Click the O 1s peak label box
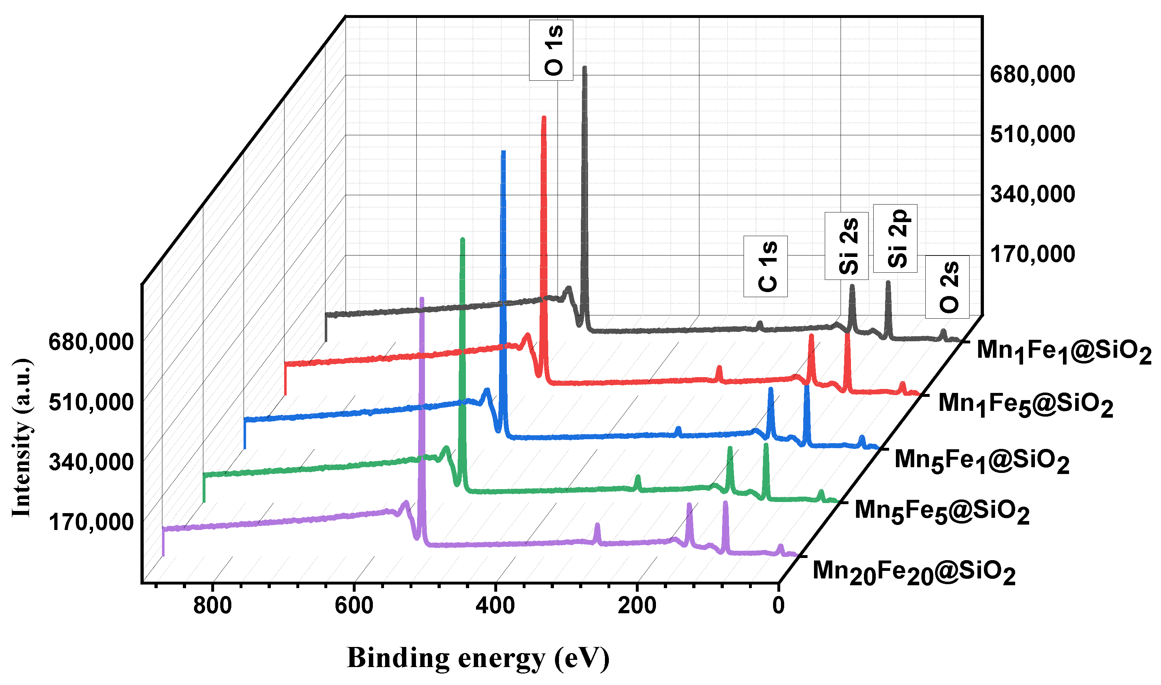pyautogui.click(x=551, y=50)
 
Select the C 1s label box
pyautogui.click(x=765, y=266)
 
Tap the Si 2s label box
pyautogui.click(x=846, y=245)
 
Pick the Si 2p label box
pyautogui.click(x=895, y=238)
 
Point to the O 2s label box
pyautogui.click(x=947, y=287)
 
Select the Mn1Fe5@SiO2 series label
pyautogui.click(x=1025, y=405)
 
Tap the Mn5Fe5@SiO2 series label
pyautogui.click(x=942, y=512)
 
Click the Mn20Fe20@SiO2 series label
pyautogui.click(x=914, y=573)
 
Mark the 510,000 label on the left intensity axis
pyautogui.click(x=91, y=402)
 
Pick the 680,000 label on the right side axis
pyautogui.click(x=1032, y=74)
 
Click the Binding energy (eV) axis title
pyautogui.click(x=478, y=657)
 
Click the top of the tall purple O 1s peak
pyautogui.click(x=421, y=300)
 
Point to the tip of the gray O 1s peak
pyautogui.click(x=584, y=68)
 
